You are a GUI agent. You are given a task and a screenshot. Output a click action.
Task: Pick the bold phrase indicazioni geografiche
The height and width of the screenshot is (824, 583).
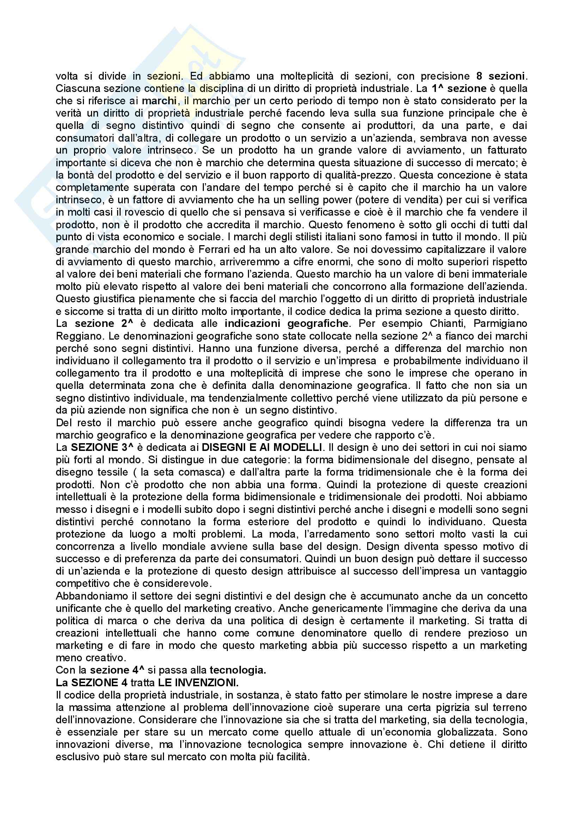[286, 323]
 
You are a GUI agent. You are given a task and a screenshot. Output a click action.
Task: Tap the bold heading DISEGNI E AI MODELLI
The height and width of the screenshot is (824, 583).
[262, 447]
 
